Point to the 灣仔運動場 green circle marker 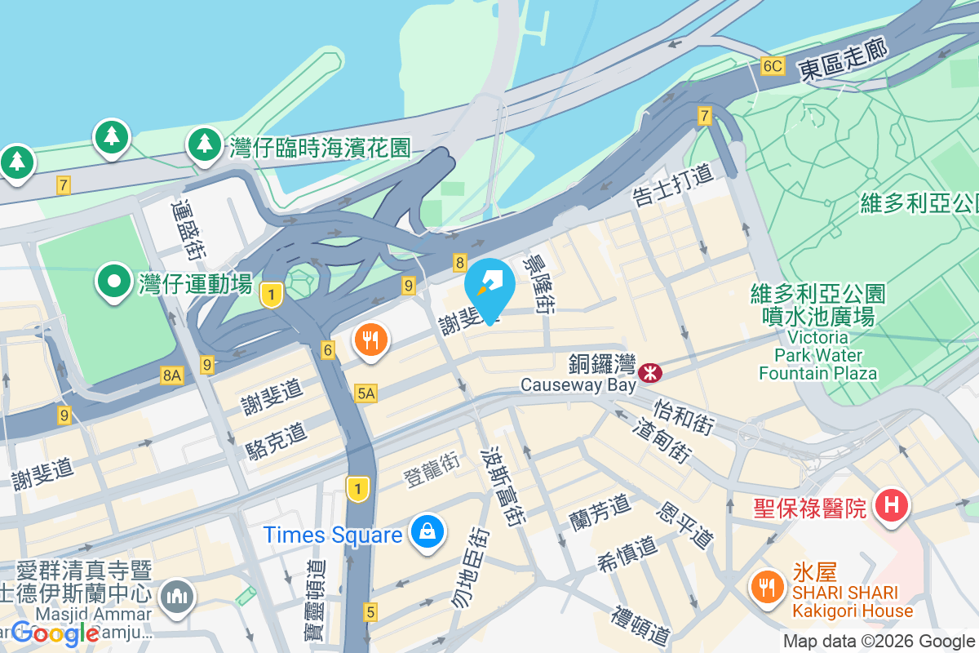114,282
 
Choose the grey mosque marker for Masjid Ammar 177,597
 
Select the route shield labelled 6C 773,66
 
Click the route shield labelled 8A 172,375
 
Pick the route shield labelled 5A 366,394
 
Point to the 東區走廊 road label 843,56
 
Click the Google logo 55,633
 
